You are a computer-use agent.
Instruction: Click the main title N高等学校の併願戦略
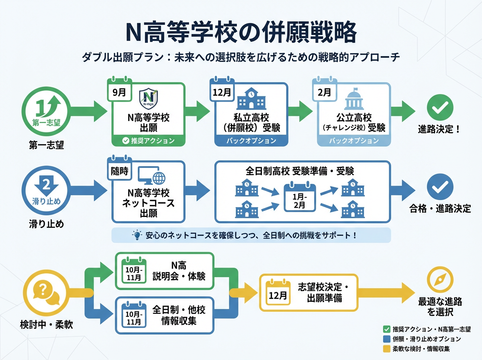[241, 33]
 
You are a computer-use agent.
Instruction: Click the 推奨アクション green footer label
[148, 141]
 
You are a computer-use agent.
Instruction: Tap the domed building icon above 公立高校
[354, 98]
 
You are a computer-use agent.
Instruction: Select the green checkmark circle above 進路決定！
[440, 107]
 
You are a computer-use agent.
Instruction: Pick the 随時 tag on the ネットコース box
[119, 171]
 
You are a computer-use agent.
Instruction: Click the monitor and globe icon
[152, 177]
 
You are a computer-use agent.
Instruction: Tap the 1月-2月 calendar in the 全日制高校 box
[300, 197]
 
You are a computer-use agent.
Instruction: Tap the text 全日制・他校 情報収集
[179, 315]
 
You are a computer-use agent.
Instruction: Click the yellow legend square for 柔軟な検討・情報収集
[387, 348]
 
